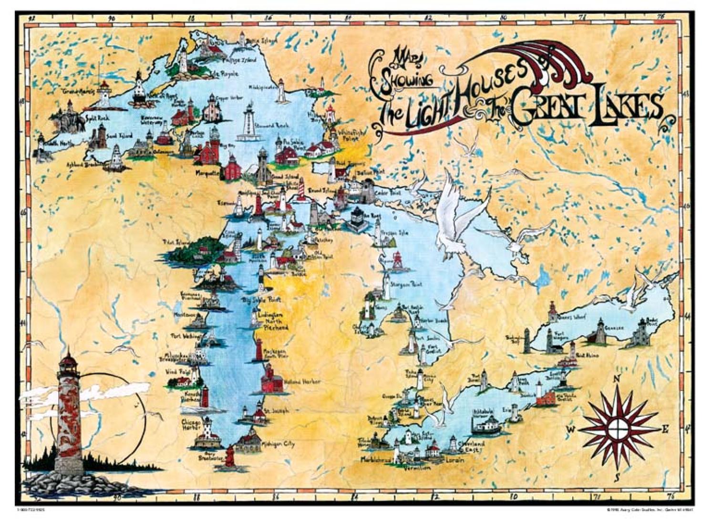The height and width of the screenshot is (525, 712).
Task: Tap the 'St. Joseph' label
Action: (277, 411)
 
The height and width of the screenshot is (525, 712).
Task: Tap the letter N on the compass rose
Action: (616, 379)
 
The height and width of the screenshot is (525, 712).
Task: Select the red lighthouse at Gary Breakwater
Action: (230, 458)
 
